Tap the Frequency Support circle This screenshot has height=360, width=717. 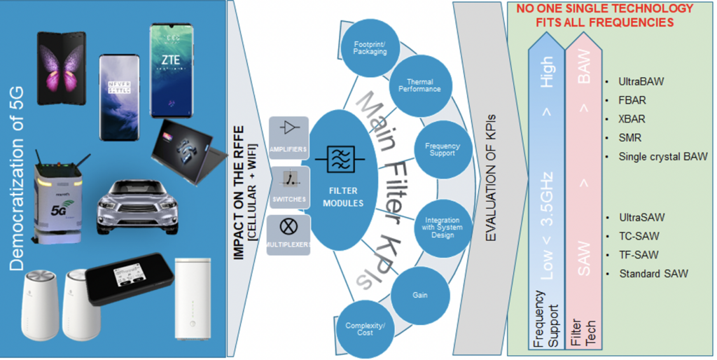point(442,149)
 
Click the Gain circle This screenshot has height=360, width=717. point(419,295)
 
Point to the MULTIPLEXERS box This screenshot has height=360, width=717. point(288,235)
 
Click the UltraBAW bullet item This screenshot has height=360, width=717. point(641,82)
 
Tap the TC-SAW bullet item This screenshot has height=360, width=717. point(639,236)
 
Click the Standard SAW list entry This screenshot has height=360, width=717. point(653,273)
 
